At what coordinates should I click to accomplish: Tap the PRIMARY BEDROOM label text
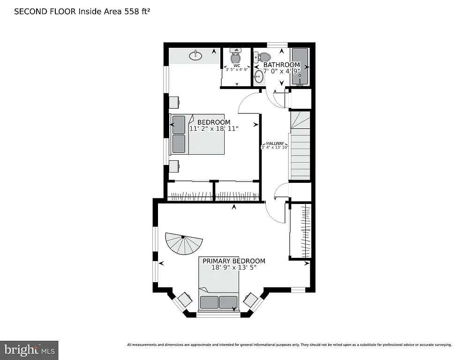click(x=233, y=261)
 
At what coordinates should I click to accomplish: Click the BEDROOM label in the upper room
click(x=214, y=122)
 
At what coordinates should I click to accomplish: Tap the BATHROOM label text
click(x=281, y=65)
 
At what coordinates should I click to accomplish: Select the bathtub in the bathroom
click(x=300, y=67)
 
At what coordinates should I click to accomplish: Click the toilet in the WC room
click(x=236, y=58)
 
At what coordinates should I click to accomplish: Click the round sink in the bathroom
click(x=259, y=76)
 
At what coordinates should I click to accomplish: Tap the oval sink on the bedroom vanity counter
click(x=195, y=56)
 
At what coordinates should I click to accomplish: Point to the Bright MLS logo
click(x=29, y=350)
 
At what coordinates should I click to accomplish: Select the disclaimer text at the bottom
click(x=289, y=345)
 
